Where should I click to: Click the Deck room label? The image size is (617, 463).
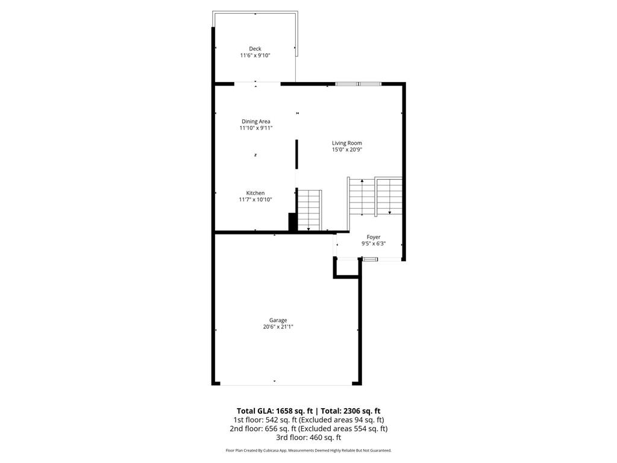255,49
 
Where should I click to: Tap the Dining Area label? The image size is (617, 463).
255,122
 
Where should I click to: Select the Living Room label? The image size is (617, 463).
346,143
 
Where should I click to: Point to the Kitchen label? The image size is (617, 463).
255,193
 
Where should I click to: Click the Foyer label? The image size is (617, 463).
374,237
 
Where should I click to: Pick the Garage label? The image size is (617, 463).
278,320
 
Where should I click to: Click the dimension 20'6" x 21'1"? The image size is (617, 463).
278,327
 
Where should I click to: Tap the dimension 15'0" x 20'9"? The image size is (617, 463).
346,150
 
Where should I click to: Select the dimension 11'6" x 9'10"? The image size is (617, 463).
255,55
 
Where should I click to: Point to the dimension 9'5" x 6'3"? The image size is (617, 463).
374,244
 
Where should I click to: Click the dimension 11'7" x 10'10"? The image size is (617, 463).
255,200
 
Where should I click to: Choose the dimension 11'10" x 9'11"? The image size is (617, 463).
255,128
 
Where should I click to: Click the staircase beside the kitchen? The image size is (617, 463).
309,210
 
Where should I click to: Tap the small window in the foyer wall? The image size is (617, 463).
370,259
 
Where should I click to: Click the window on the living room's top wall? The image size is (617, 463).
358,84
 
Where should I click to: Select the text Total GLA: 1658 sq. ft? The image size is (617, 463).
275,411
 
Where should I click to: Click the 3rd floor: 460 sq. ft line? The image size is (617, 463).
308,438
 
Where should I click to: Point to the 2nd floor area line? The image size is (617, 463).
308,429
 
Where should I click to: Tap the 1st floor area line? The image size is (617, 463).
308,420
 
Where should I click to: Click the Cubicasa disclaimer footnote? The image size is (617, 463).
308,450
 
